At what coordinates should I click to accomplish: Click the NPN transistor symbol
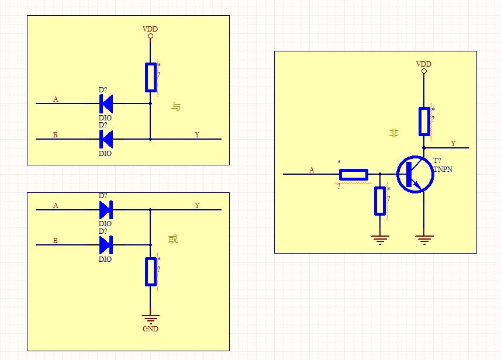point(415,174)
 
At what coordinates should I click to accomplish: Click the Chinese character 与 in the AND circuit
point(176,106)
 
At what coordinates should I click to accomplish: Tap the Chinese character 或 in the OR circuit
point(173,238)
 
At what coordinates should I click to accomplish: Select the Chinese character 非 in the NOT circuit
point(394,133)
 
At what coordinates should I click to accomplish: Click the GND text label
point(150,328)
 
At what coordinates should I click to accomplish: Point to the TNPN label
point(443,169)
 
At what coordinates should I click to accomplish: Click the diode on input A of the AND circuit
point(106,103)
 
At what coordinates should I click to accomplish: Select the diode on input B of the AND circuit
point(106,139)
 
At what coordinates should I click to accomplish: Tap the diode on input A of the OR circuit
point(106,210)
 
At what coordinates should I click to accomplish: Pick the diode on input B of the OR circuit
point(106,245)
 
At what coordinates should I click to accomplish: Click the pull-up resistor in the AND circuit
point(150,77)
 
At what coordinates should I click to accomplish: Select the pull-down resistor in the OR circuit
point(150,272)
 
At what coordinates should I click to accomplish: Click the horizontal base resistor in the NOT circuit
point(354,174)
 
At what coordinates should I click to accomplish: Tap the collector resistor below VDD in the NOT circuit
point(424,122)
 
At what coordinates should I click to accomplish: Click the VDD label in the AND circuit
point(150,29)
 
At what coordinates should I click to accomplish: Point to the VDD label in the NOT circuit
point(424,64)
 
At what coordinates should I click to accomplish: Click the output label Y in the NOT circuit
point(453,143)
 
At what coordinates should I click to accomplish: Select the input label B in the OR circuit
point(56,241)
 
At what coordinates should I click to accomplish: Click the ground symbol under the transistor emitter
point(424,240)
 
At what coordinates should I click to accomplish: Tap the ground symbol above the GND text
point(150,319)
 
